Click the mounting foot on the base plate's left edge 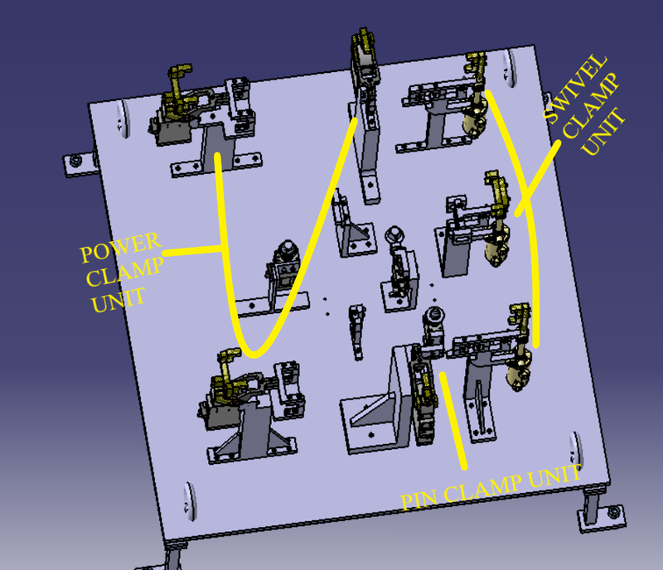75,161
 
